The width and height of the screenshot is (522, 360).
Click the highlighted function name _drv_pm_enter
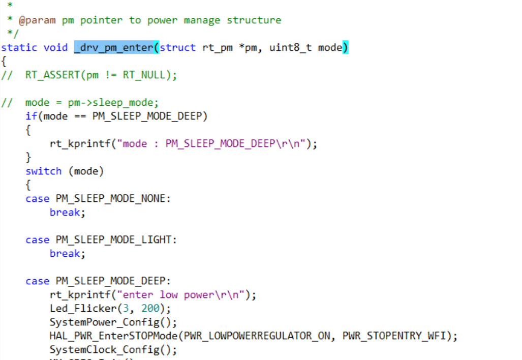coord(114,48)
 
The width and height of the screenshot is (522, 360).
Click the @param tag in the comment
coord(37,20)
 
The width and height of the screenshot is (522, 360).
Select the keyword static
coord(19,48)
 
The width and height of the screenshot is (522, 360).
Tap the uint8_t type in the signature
coord(290,48)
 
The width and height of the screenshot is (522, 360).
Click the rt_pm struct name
coord(218,48)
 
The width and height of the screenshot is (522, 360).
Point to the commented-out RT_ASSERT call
coord(101,75)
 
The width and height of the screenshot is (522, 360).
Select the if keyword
coord(32,116)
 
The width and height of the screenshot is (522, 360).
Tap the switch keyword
coord(44,171)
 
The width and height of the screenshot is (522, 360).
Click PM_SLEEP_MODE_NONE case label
coord(110,199)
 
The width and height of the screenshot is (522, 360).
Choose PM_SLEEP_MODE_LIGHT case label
coord(113,240)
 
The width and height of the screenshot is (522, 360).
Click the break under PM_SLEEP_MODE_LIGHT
coord(65,254)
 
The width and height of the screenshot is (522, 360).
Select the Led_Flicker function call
coord(110,308)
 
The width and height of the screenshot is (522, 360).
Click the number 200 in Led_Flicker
coord(150,308)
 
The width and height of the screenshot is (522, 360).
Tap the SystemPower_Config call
coord(113,322)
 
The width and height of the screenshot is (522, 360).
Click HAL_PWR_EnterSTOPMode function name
coord(113,336)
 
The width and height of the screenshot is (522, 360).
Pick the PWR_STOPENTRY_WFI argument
coord(394,336)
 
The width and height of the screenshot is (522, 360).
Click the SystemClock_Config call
coord(113,350)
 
